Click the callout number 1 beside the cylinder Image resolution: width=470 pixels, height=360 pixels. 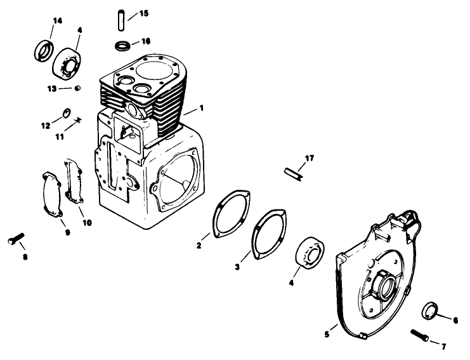pos(201,108)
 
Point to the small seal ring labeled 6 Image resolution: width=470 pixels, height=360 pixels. pos(429,312)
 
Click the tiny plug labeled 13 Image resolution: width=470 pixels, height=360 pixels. pos(77,88)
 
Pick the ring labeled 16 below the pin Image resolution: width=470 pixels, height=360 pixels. pos(123,46)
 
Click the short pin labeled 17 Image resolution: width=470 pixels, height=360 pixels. pos(293,173)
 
